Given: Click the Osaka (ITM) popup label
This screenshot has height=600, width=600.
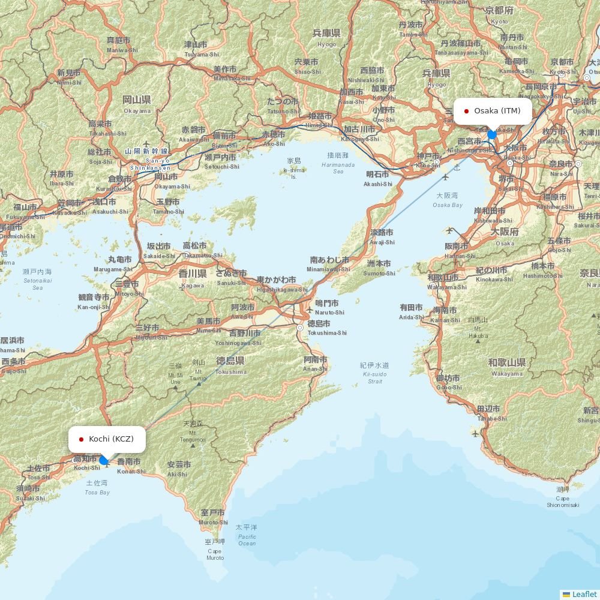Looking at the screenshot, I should [493, 111].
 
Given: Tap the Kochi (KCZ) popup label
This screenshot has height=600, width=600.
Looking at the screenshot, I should [107, 439].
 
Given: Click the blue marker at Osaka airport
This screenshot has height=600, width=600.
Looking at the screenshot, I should [492, 134].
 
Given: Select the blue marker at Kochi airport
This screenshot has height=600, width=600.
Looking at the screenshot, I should [104, 460].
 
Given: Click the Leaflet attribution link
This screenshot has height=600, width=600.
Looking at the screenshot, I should [584, 594].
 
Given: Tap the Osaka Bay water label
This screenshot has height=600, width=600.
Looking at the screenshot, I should [447, 200].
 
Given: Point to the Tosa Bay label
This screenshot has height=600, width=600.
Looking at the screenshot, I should [97, 488].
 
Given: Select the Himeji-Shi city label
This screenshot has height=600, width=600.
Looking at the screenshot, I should [319, 120].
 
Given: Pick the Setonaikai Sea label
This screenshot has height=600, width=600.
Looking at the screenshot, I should [37, 280].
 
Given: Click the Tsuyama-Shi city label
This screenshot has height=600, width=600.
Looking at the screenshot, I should [202, 49].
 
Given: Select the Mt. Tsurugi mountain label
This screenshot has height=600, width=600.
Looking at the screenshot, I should [199, 371].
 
